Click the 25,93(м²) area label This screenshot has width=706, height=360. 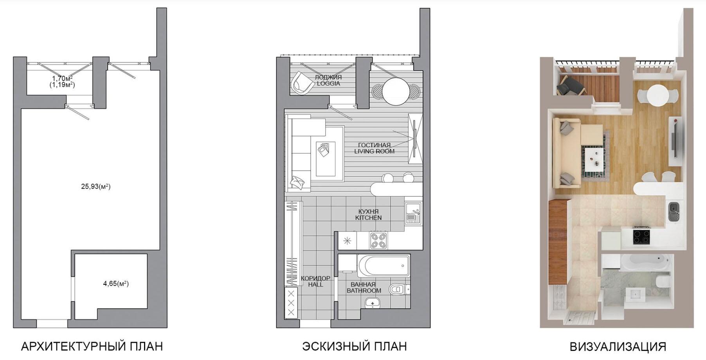pyautogui.click(x=96, y=187)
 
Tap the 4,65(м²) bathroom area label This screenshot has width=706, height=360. pyautogui.click(x=116, y=283)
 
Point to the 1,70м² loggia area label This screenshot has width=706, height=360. pyautogui.click(x=62, y=78)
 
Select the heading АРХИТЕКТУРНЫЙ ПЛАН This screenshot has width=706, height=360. pyautogui.click(x=92, y=346)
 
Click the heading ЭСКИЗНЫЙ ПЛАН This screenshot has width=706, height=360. pyautogui.click(x=355, y=346)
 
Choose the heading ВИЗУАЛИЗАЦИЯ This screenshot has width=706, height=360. pyautogui.click(x=618, y=347)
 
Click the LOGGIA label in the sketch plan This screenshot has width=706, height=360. pyautogui.click(x=328, y=83)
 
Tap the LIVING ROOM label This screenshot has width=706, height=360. pyautogui.click(x=375, y=151)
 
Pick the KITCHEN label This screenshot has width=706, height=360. pyautogui.click(x=368, y=218)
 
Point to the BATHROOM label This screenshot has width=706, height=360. pyautogui.click(x=364, y=291)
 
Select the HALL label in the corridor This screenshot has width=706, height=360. pyautogui.click(x=315, y=284)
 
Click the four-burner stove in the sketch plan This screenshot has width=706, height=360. pyautogui.click(x=379, y=240)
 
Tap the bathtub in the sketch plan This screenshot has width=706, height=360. pyautogui.click(x=384, y=266)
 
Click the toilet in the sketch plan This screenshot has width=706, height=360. pyautogui.click(x=398, y=289)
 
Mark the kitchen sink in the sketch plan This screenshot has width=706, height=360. pyautogui.click(x=413, y=214)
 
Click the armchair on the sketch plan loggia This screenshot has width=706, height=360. pyautogui.click(x=301, y=83)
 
